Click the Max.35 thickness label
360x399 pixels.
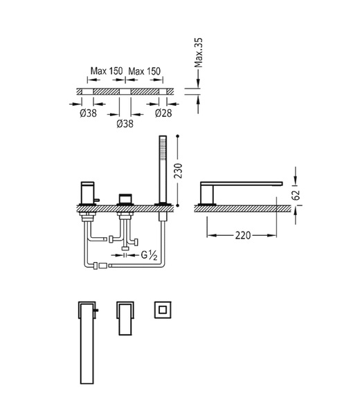pos(198,53)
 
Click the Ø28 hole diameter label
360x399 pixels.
pos(163,113)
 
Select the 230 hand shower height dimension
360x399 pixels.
pos(178,171)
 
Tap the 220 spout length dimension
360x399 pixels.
pos(242,235)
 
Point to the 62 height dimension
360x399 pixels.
pos(296,195)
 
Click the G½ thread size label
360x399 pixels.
pos(149,255)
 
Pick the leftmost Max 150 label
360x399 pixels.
pos(107,71)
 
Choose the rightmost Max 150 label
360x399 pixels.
pos(144,71)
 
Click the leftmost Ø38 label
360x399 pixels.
pos(88,113)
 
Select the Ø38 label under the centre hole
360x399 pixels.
pos(125,124)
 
